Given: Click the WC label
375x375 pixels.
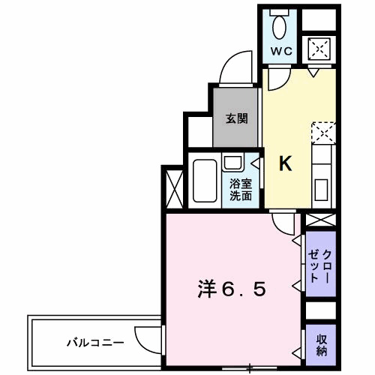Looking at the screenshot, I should (x=282, y=52).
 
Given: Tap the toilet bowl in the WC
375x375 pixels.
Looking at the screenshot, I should (x=281, y=28).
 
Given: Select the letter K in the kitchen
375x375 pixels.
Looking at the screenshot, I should (x=286, y=164).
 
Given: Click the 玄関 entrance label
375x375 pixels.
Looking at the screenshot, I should (x=236, y=118).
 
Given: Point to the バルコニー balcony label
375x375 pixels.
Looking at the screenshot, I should (x=85, y=343).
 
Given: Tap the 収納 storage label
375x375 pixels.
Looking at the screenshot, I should (x=320, y=344).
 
